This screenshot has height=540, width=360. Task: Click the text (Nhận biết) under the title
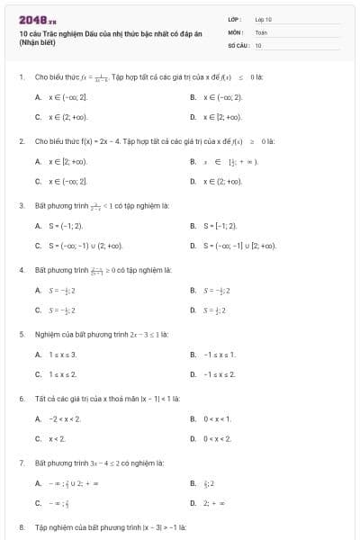tap(37, 41)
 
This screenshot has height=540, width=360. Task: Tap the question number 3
tap(21, 205)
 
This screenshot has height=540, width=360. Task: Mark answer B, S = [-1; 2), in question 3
tap(217, 225)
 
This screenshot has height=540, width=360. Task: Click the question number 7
tap(21, 462)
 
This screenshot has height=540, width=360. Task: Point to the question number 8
tap(21, 526)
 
